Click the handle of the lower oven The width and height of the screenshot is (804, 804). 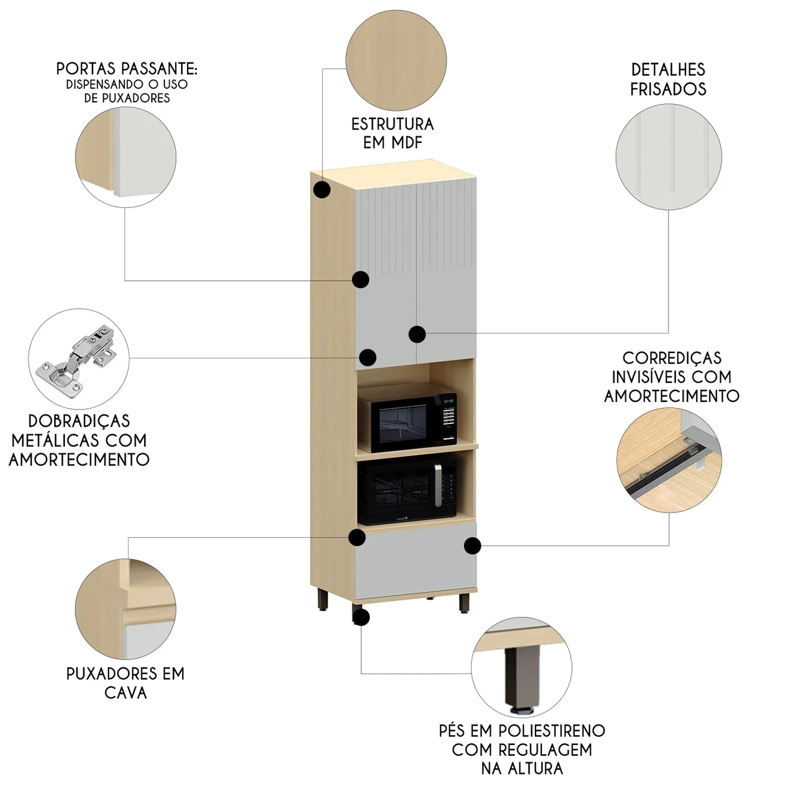point(438,486)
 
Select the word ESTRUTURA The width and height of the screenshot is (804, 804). point(392,124)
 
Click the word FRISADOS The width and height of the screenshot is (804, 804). point(668,89)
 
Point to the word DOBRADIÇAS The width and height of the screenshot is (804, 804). point(79,421)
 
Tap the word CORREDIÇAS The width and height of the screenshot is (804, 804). point(672,358)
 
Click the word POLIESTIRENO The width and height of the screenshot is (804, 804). point(552,731)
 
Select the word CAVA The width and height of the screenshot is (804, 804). point(125,693)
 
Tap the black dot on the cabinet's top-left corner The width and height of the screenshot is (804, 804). point(322,190)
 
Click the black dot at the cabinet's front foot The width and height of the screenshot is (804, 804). point(361,617)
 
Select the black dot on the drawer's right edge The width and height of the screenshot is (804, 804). point(472,546)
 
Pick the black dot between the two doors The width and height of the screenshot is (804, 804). point(417,334)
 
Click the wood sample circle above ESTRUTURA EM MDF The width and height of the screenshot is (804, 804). point(396,60)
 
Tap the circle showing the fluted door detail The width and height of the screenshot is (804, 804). point(668,156)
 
